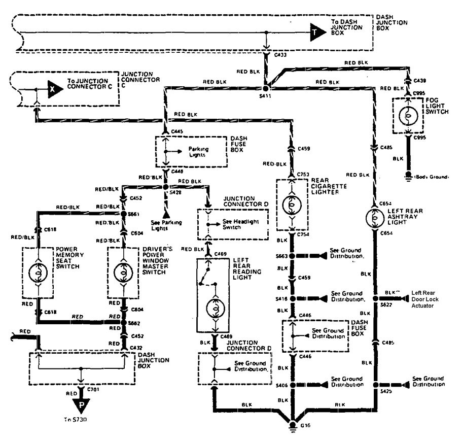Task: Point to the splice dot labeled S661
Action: pyautogui.click(x=123, y=214)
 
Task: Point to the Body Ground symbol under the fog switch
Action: pyautogui.click(x=408, y=177)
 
